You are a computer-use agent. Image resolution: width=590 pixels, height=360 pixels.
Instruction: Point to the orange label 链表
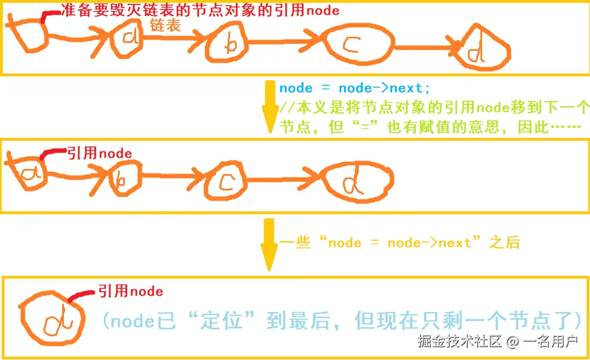tap(165, 26)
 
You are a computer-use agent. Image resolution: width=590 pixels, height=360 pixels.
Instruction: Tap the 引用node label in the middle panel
tap(99, 153)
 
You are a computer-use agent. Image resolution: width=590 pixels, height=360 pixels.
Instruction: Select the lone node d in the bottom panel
tap(52, 320)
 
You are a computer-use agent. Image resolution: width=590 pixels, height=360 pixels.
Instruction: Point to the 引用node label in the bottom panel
tap(131, 292)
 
